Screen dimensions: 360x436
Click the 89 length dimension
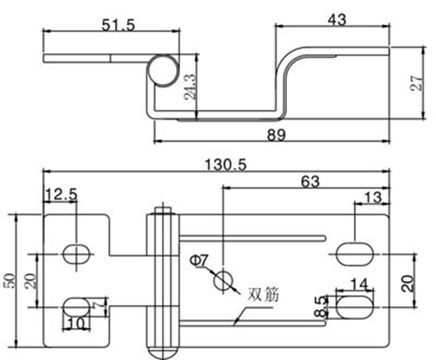click(275, 135)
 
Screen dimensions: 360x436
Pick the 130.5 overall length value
click(225, 165)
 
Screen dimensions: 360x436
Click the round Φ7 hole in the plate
click(222, 279)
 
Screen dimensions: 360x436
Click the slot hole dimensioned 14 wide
click(354, 305)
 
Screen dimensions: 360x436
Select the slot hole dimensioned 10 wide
click(76, 305)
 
